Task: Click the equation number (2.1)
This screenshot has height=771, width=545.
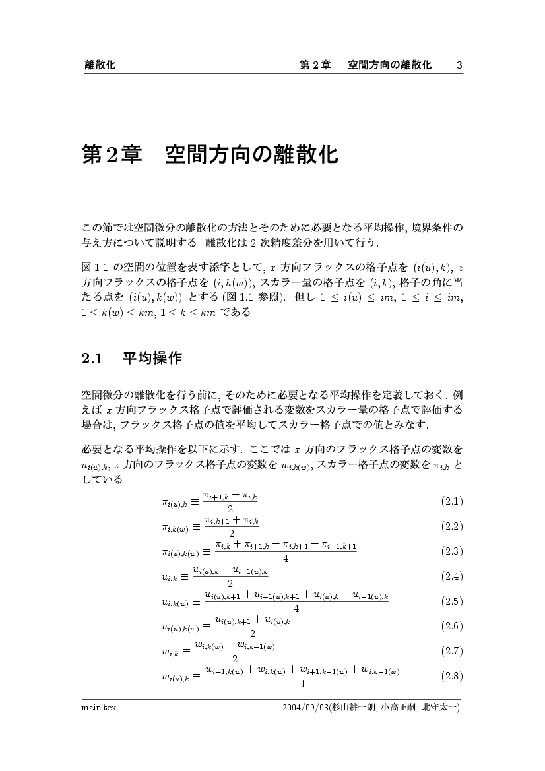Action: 452,501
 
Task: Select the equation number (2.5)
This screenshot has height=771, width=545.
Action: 452,601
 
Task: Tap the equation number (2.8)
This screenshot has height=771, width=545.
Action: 452,676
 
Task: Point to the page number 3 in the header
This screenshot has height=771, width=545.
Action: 459,65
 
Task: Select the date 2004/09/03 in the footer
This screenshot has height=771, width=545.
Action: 305,708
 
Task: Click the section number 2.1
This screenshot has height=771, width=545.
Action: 93,359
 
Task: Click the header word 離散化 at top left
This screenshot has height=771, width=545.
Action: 100,65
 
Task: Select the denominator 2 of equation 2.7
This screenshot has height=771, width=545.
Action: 235,658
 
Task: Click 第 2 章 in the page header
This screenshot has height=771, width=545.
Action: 315,65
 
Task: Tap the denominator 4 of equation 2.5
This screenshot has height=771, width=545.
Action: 296,609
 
